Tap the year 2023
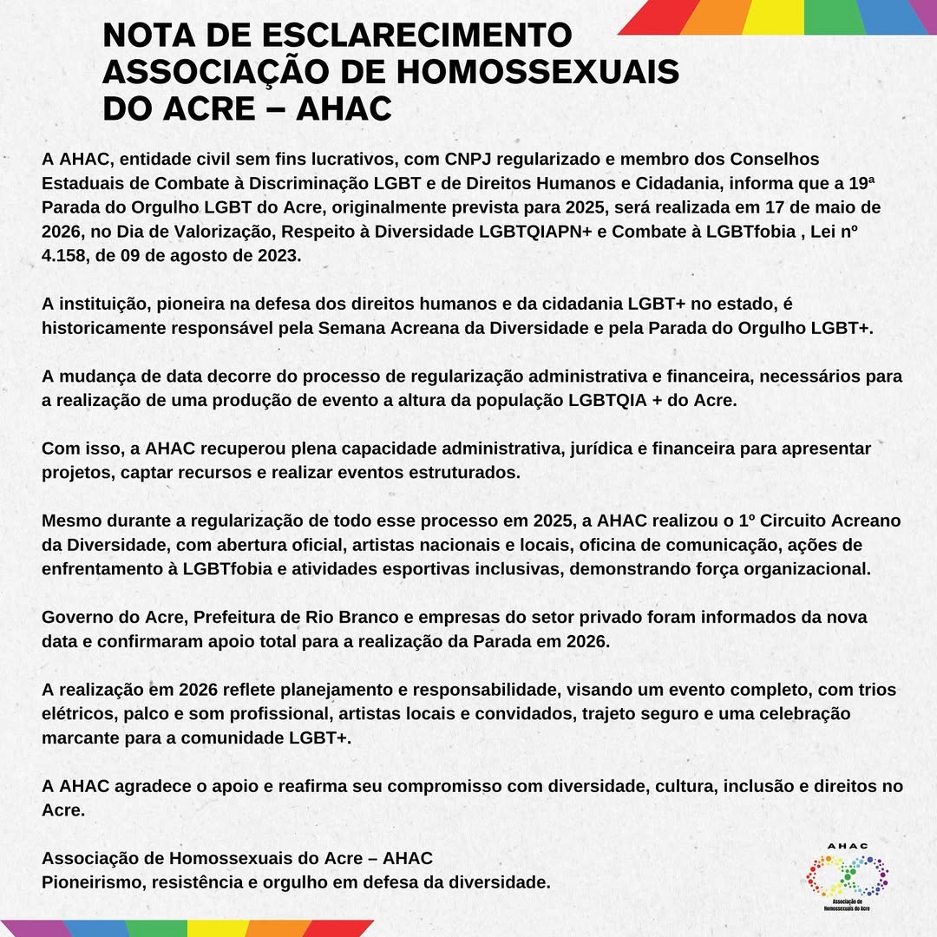click(277, 257)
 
